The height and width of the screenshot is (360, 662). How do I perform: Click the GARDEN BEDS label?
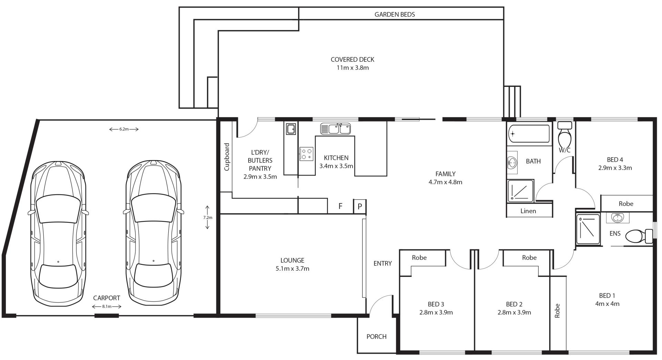(394, 14)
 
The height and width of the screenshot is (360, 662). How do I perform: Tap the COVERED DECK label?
(352, 59)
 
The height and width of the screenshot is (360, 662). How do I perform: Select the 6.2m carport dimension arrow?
(124, 129)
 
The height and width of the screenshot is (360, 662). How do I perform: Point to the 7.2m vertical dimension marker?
(208, 217)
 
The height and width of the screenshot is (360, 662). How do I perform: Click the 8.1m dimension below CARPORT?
(107, 306)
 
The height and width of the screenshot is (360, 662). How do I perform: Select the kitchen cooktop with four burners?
(306, 154)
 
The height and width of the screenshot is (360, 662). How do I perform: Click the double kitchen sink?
(335, 129)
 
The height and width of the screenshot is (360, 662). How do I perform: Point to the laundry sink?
(290, 129)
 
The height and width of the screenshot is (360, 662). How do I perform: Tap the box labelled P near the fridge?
(360, 206)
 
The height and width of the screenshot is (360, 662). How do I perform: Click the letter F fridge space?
(340, 206)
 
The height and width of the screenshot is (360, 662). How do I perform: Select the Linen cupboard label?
(528, 211)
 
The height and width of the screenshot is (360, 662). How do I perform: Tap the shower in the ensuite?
(588, 229)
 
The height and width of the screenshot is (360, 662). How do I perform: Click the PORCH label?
(376, 337)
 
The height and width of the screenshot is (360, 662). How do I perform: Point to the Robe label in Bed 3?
(419, 258)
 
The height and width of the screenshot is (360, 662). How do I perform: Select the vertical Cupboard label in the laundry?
(227, 157)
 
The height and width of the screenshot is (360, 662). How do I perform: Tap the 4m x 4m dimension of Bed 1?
(607, 304)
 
